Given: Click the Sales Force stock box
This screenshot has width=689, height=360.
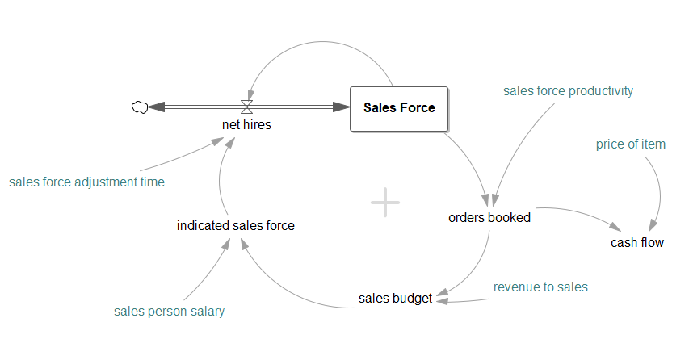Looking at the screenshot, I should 399,108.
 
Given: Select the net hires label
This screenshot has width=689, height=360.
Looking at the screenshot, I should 246,125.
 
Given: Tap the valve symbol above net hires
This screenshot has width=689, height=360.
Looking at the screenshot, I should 247,106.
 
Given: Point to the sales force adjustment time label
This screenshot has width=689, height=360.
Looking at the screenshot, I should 87,182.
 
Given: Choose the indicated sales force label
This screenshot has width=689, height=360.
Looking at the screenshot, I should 236,226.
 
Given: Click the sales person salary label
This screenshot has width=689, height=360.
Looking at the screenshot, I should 170,312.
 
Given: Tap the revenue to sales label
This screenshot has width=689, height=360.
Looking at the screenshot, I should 540,287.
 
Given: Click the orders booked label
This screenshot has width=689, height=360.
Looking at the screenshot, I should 489,217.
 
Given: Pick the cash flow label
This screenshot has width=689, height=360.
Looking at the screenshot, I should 637,242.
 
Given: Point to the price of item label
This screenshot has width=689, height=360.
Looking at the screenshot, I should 631,144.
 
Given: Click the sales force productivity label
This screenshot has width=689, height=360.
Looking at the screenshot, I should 568,91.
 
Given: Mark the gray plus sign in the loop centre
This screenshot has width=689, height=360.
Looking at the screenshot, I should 385,203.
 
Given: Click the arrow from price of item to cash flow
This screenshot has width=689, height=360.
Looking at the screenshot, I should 662,194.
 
